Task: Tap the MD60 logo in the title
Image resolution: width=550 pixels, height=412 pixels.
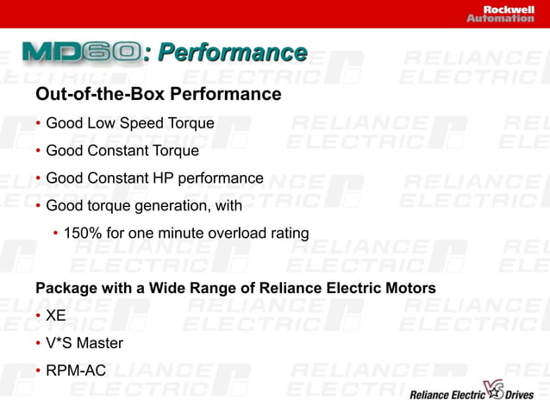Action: coord(83,53)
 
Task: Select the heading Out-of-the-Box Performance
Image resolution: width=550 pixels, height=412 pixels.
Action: coord(158,93)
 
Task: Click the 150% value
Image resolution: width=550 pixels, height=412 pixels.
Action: coord(81,234)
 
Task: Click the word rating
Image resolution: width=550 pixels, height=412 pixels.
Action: coord(286,234)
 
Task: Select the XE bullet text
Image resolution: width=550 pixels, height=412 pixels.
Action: coord(56,315)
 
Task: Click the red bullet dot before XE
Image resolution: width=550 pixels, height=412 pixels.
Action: coord(39,315)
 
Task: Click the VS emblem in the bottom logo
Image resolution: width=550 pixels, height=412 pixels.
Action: coord(493,390)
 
